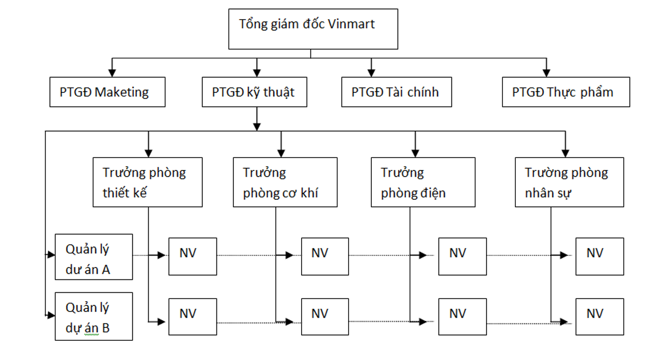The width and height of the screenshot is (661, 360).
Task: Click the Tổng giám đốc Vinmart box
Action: pos(313,29)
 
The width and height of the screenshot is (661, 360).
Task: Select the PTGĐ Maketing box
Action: pos(107,92)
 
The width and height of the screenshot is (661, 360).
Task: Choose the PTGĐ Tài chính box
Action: pos(397,92)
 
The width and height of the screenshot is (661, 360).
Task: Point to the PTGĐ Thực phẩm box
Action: pos(565,92)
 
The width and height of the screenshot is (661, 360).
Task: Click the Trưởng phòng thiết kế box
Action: pos(147,182)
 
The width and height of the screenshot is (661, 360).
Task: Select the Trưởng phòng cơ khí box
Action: pos(285,182)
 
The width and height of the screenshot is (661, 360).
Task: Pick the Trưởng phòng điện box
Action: pos(423,182)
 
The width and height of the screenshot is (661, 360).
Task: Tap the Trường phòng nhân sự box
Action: pos(569,182)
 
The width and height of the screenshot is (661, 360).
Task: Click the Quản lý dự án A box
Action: pos(93,257)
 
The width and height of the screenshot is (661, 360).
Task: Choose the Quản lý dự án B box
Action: pos(93,316)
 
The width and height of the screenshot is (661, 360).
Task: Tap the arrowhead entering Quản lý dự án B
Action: pos(52,315)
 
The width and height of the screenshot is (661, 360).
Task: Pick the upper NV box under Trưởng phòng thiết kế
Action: pos(193,256)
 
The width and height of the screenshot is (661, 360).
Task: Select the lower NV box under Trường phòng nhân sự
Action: pos(599,317)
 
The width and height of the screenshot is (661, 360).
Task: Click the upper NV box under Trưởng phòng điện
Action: pos(462,256)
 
